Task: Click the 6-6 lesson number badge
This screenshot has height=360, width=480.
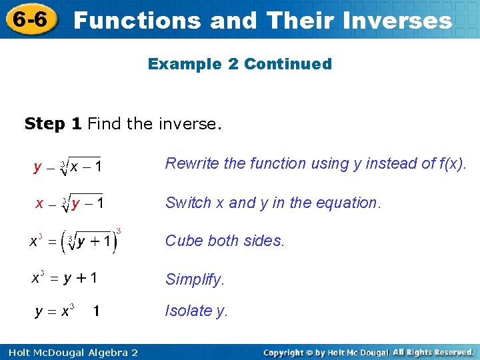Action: pos(29,19)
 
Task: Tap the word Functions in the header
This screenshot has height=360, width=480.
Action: pos(137,21)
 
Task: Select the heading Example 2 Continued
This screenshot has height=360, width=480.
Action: pos(239,64)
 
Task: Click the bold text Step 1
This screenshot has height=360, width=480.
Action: pos(53,123)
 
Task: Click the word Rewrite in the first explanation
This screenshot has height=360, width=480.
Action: pos(189,163)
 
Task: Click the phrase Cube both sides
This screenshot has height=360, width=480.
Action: pos(225,241)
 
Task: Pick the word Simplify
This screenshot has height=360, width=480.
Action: pos(195,279)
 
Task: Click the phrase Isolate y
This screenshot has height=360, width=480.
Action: pos(197,311)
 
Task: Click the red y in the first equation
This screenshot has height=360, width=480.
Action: pos(38,166)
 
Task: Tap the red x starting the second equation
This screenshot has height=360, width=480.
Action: pos(39,203)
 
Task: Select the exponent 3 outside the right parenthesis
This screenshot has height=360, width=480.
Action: pos(118,231)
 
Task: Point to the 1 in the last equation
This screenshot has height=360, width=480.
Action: pos(97,311)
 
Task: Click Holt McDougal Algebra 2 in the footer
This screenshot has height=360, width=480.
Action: pos(70,352)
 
